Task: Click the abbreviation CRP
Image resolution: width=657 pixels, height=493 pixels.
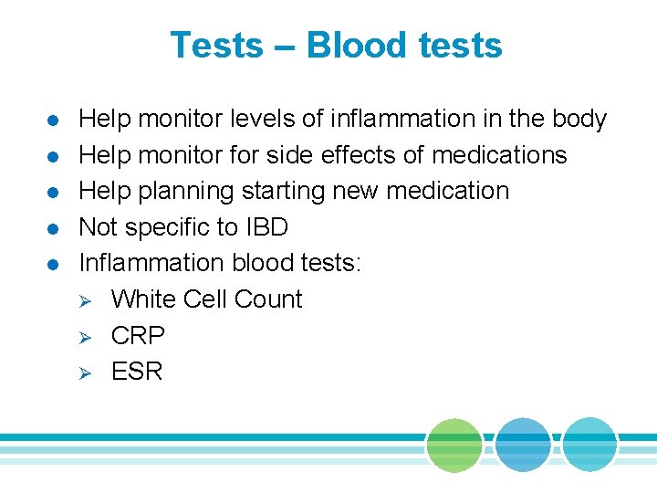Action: (138, 335)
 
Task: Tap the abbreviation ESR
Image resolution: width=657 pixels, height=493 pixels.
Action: (137, 371)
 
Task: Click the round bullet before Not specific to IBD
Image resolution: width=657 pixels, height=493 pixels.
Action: (53, 228)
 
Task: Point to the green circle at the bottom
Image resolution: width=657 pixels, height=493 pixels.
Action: (454, 446)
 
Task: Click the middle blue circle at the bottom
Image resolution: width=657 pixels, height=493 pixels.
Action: (523, 446)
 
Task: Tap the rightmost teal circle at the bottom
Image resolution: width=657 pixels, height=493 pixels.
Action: (589, 446)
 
